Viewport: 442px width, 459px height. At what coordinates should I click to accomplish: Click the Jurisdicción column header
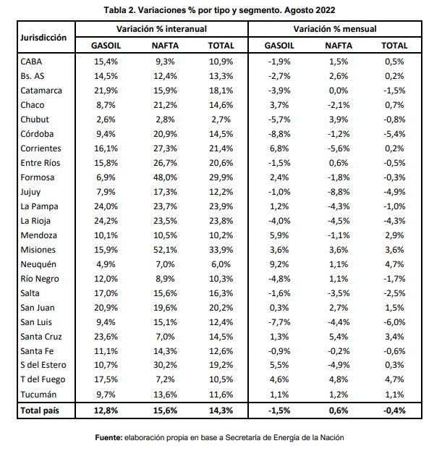click(x=43, y=38)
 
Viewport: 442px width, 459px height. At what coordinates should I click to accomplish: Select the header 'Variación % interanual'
click(x=161, y=29)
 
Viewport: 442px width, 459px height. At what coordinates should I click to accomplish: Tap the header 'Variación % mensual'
click(x=335, y=29)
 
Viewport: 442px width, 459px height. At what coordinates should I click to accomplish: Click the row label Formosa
click(x=37, y=177)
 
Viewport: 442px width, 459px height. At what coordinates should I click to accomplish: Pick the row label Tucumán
click(x=38, y=395)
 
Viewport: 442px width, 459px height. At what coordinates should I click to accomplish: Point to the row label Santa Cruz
click(x=41, y=337)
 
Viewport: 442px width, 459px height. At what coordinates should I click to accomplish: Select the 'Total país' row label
click(x=40, y=410)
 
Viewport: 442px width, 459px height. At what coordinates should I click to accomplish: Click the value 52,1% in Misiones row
click(x=165, y=250)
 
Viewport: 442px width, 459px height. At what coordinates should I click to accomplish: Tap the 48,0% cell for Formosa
click(x=165, y=177)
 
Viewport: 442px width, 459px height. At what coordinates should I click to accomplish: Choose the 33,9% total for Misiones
click(x=221, y=250)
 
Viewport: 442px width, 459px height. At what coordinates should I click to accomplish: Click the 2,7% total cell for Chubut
click(x=221, y=119)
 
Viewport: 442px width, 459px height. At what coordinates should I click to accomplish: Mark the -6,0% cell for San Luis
click(x=394, y=322)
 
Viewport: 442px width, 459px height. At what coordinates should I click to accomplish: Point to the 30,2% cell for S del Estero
click(x=165, y=365)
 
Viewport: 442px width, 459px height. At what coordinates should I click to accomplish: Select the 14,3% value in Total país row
click(x=221, y=410)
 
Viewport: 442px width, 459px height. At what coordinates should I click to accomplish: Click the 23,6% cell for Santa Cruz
click(x=106, y=337)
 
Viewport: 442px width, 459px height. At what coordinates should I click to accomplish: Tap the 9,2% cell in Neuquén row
click(x=279, y=264)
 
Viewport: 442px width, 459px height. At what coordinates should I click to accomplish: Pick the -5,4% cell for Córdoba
click(x=394, y=134)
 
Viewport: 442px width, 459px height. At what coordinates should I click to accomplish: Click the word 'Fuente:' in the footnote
click(x=109, y=437)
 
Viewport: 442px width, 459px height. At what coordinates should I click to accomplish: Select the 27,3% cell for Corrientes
click(x=165, y=148)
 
